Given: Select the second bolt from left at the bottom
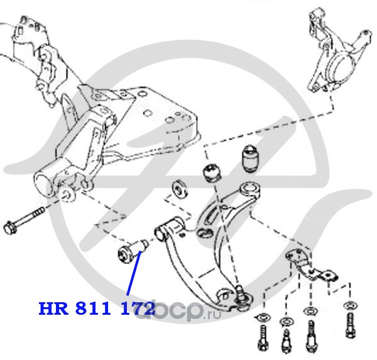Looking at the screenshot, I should pos(286,339).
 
